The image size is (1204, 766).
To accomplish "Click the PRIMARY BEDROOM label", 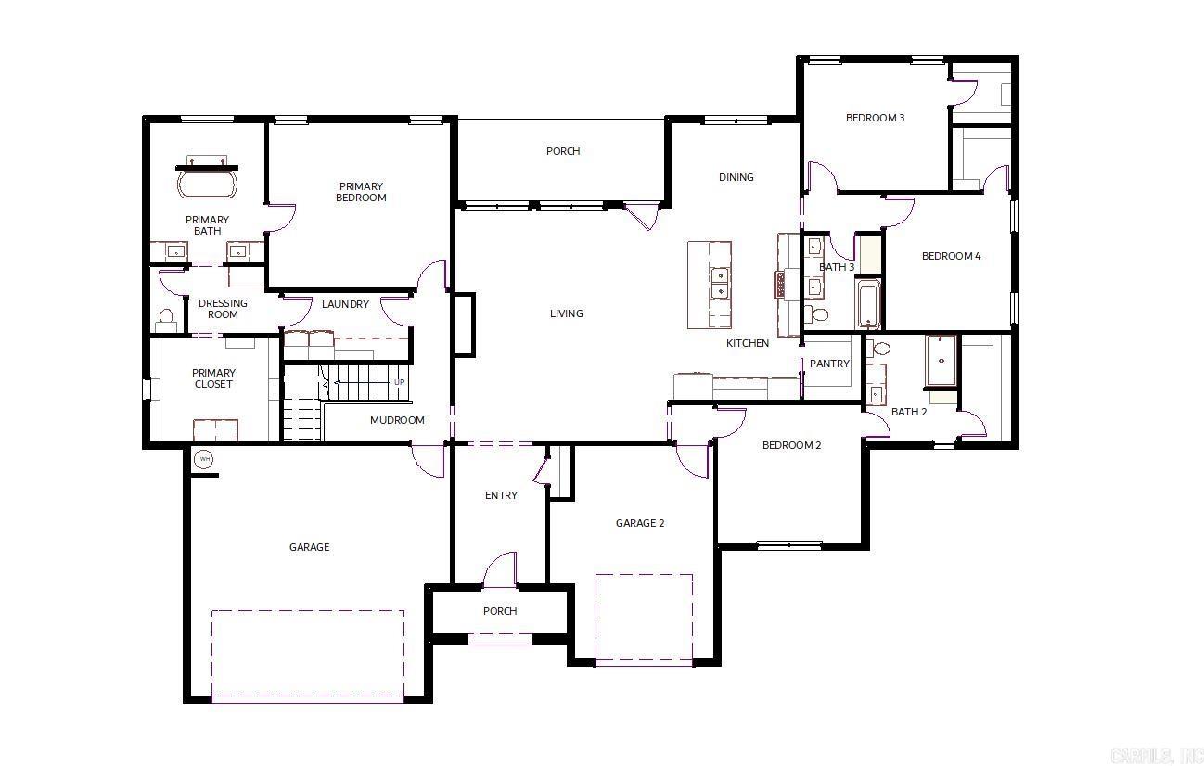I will pyautogui.click(x=361, y=192).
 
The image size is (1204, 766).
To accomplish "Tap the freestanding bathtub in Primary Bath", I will pyautogui.click(x=207, y=183).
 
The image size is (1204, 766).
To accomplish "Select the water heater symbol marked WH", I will pyautogui.click(x=203, y=459).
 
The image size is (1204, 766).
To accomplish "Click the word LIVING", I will pyautogui.click(x=566, y=313).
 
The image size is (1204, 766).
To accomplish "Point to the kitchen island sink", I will pyautogui.click(x=719, y=283).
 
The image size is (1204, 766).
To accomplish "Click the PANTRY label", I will pyautogui.click(x=828, y=364).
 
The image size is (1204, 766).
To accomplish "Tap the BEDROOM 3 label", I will pyautogui.click(x=875, y=118).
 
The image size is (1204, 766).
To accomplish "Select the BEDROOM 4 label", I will pyautogui.click(x=951, y=256).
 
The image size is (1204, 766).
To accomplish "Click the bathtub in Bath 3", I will pyautogui.click(x=868, y=303).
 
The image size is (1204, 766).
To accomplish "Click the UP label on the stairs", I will pyautogui.click(x=400, y=382).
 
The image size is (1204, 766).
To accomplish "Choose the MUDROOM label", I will pyautogui.click(x=397, y=420).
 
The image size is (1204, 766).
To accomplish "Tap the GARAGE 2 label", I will pyautogui.click(x=640, y=523).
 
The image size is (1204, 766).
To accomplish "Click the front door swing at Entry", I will pyautogui.click(x=499, y=568).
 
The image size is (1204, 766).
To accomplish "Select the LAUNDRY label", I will pyautogui.click(x=345, y=304).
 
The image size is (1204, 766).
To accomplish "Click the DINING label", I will pyautogui.click(x=736, y=177).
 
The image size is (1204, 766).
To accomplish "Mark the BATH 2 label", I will pyautogui.click(x=909, y=412).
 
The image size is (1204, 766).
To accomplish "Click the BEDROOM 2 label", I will pyautogui.click(x=791, y=445).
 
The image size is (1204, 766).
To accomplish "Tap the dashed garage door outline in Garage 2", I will pyautogui.click(x=644, y=619).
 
